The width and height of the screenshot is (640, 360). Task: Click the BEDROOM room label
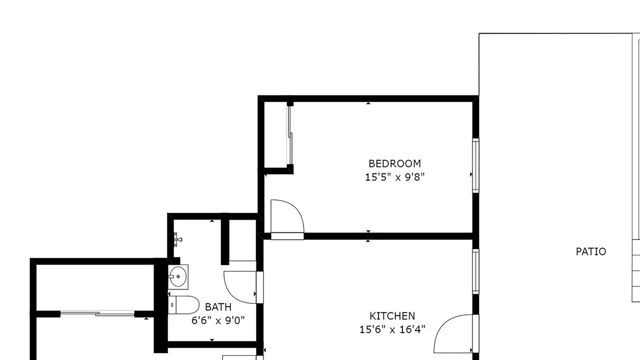click(x=394, y=163)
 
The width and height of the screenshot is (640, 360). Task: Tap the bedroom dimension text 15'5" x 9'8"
click(x=395, y=177)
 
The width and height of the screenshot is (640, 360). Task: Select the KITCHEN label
click(x=392, y=316)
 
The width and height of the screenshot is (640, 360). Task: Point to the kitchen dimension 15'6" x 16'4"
click(x=392, y=329)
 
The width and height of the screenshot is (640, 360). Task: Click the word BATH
click(x=218, y=307)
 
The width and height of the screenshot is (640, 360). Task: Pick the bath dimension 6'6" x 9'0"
click(x=218, y=320)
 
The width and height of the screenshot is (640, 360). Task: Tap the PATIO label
click(x=591, y=251)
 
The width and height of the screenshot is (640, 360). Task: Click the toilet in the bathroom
click(x=183, y=305)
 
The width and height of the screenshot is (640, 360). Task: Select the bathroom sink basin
click(x=178, y=276)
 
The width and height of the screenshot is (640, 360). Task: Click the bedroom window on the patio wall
click(x=475, y=165)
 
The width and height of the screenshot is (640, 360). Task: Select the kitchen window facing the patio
click(x=475, y=271)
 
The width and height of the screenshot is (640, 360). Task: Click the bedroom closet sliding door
click(x=290, y=135)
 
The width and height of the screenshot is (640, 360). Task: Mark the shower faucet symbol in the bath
click(x=177, y=239)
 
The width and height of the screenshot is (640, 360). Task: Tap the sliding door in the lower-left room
click(x=97, y=313)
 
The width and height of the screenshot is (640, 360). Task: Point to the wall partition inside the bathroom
click(x=225, y=239)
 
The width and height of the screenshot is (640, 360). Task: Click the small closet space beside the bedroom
click(x=275, y=134)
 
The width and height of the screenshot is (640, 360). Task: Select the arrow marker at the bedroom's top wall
click(x=368, y=103)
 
